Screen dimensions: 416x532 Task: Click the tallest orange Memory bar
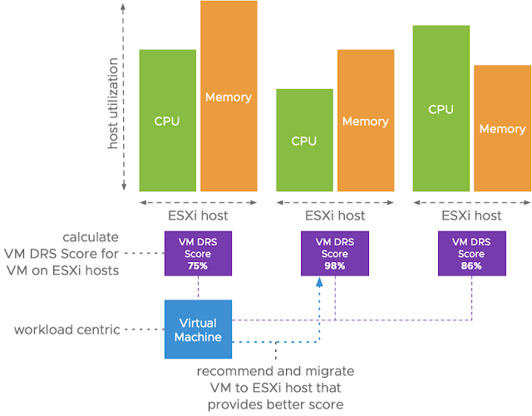pos(229,97)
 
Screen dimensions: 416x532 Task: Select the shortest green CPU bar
pos(304,141)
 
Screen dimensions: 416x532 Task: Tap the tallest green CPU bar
pos(441,109)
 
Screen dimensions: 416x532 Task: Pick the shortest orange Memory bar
pos(502,129)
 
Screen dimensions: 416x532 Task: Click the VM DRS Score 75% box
pos(198,253)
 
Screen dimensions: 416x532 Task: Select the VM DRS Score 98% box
pos(335,253)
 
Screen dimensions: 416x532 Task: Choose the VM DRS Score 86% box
pos(471,253)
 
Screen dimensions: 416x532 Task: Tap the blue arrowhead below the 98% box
pos(319,284)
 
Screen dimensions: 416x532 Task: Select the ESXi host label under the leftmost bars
pos(198,215)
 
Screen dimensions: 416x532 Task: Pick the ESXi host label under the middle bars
pos(335,215)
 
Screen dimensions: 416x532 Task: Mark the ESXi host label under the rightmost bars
pos(471,215)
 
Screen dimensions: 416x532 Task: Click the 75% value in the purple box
pos(198,265)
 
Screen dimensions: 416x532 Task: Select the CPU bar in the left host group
pos(167,121)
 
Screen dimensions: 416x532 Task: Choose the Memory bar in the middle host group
pos(366,121)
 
